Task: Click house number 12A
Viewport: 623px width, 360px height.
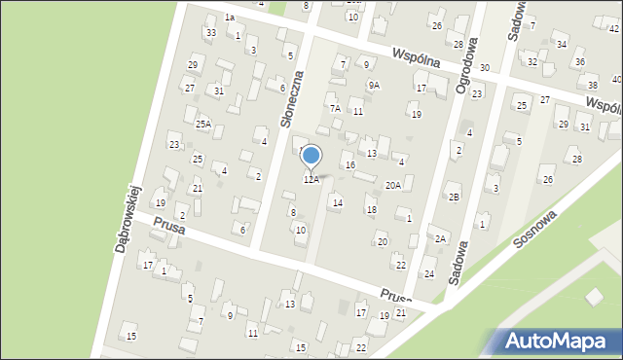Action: pos(311,179)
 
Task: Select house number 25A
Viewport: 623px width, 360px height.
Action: pos(202,124)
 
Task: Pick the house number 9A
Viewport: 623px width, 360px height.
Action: pos(374,86)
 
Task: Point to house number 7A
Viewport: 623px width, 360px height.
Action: pos(334,108)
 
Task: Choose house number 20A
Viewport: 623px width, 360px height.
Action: pos(393,185)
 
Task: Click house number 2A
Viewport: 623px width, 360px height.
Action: pos(440,238)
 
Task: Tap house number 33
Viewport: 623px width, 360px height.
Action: pos(210,33)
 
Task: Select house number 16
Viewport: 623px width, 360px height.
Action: pos(349,165)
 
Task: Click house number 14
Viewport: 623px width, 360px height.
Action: pos(337,202)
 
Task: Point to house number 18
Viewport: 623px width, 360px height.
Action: pos(371,209)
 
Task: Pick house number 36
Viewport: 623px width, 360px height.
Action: pos(579,61)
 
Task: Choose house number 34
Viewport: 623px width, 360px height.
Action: pos(561,45)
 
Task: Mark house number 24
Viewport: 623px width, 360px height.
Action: pos(428,273)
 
